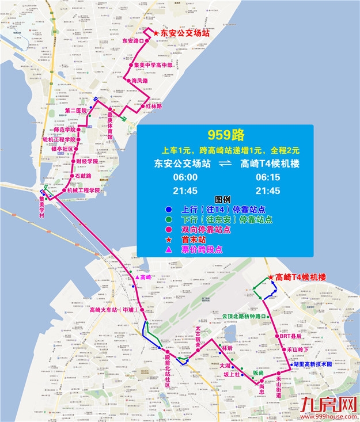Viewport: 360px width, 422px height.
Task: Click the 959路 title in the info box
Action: [226, 136]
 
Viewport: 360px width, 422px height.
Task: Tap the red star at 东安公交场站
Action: [156, 34]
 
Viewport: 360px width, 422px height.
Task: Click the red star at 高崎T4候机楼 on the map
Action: [270, 276]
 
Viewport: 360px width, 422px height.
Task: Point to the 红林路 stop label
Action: [153, 107]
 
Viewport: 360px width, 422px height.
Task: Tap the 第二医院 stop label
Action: [75, 111]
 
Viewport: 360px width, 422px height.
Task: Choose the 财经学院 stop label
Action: [86, 162]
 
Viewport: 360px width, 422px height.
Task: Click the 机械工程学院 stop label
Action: [84, 190]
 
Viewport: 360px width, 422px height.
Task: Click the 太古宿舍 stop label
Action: [198, 334]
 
